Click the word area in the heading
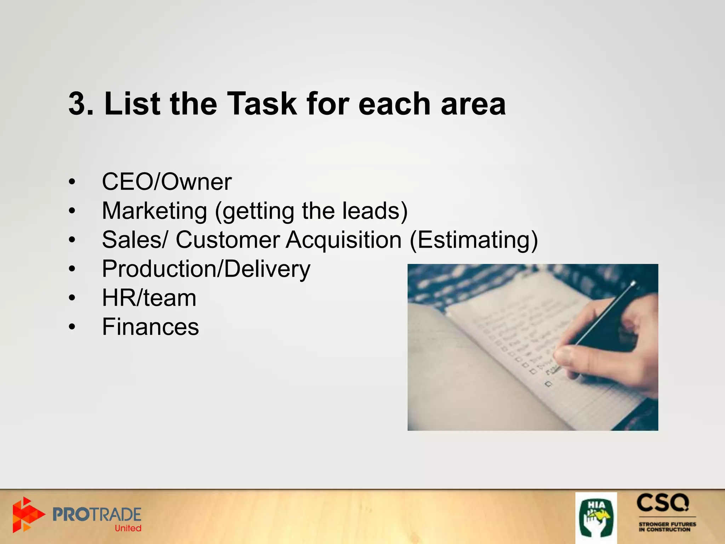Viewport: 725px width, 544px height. click(473, 104)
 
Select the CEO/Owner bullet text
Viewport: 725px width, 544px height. click(167, 182)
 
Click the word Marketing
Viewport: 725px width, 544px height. click(154, 211)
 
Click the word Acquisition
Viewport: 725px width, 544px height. click(343, 240)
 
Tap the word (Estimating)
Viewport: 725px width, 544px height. click(474, 240)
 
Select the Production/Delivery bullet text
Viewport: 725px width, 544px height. click(206, 269)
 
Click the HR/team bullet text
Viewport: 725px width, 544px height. click(149, 298)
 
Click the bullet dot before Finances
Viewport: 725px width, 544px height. click(72, 327)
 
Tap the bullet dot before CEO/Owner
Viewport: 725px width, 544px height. click(72, 182)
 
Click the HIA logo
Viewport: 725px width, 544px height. click(596, 517)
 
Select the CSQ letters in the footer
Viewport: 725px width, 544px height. click(663, 503)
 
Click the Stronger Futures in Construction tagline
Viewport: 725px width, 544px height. click(667, 527)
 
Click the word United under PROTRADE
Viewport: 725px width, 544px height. click(128, 528)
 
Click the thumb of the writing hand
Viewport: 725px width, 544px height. click(573, 358)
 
